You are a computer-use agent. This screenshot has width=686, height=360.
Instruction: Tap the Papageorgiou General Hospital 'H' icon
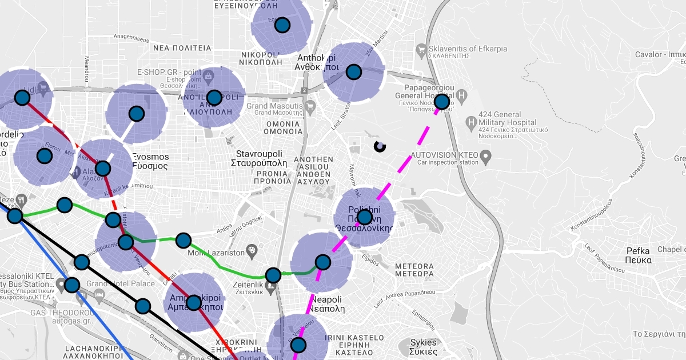(462, 94)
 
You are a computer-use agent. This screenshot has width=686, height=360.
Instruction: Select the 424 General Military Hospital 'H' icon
(471, 122)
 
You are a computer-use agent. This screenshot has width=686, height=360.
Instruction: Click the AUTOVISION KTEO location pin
(486, 155)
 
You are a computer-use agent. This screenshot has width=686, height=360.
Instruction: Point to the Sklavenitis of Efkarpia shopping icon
(421, 49)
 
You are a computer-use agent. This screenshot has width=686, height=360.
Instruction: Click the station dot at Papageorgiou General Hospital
(442, 102)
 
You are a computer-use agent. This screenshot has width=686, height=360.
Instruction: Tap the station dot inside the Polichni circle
(364, 217)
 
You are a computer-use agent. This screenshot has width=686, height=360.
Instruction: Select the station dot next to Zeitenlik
(273, 275)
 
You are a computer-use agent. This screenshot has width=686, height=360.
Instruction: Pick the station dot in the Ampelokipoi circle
(194, 302)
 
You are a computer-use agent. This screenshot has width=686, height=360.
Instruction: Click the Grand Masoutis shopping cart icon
(310, 106)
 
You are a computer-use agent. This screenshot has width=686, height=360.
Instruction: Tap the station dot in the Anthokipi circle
(354, 72)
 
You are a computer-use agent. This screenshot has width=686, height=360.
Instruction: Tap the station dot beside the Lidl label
(22, 98)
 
